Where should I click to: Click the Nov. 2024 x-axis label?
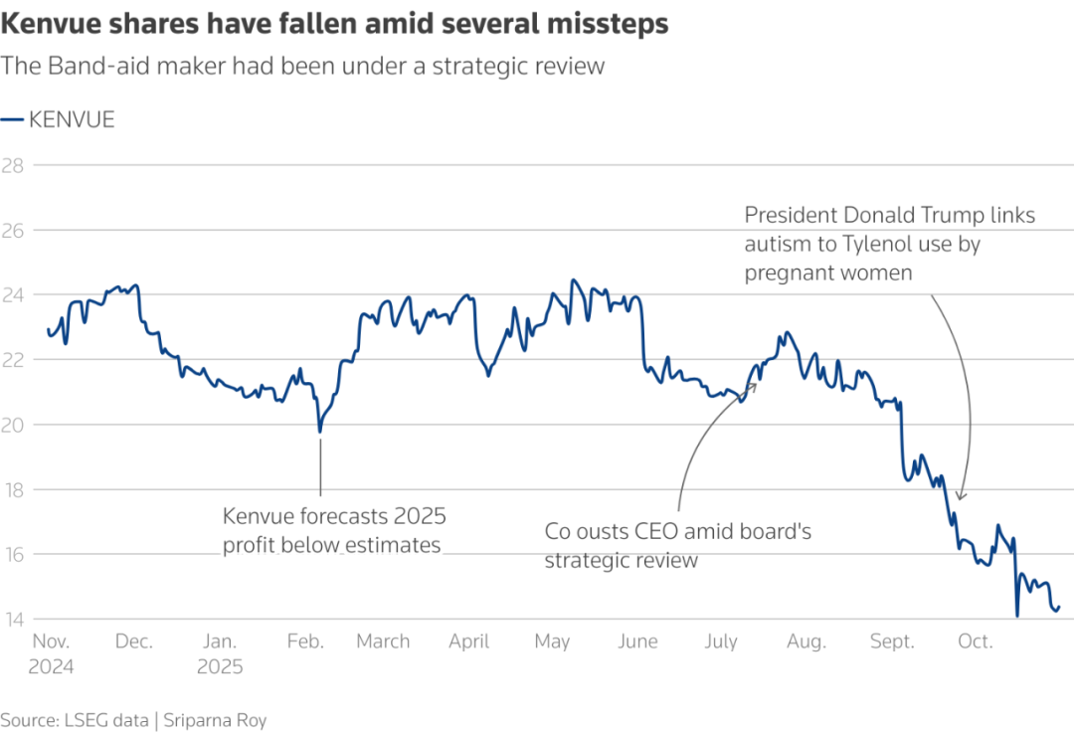click(50, 653)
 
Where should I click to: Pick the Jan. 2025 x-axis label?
click(219, 653)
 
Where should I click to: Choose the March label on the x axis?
click(383, 641)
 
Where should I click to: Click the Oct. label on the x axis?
click(975, 641)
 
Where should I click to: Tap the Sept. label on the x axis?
click(892, 641)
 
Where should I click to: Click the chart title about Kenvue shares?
click(335, 25)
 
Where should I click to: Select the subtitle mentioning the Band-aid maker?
click(302, 67)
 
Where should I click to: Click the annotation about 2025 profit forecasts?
click(333, 530)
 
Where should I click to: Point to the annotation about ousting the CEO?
click(677, 545)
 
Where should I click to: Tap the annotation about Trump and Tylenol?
click(890, 243)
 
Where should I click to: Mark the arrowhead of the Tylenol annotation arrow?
click(959, 497)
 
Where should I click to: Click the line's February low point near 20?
click(319, 431)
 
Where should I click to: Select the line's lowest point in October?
click(1016, 617)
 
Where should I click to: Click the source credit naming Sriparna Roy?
click(133, 720)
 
